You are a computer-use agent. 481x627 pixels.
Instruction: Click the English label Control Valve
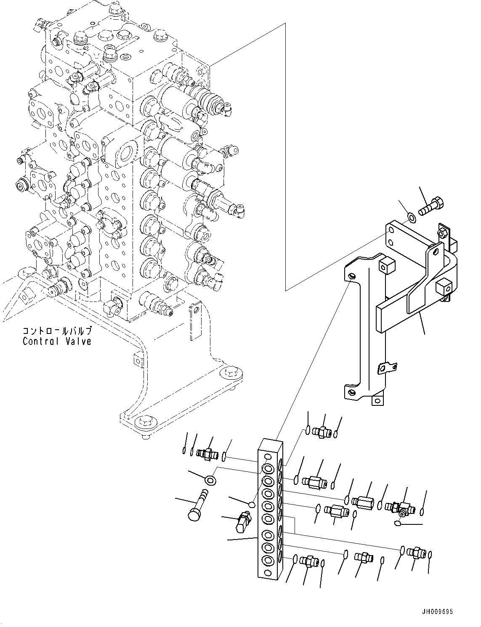click(57, 341)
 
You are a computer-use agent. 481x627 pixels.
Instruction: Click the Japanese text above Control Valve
click(57, 331)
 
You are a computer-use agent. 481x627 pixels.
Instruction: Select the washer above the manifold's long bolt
click(209, 479)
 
